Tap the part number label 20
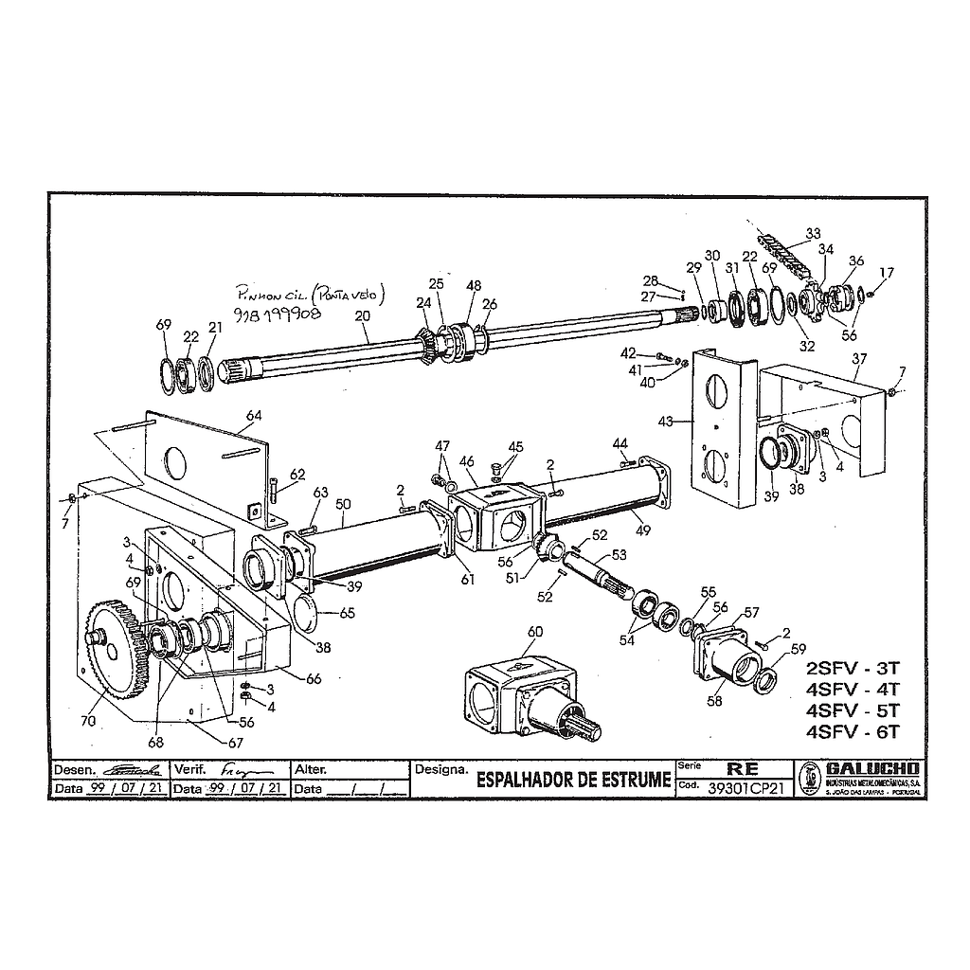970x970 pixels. coord(362,315)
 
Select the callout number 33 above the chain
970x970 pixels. coord(813,233)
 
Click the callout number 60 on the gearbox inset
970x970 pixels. coord(535,632)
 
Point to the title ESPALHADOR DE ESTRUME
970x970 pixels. coord(573,780)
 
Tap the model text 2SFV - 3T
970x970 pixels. coord(851,664)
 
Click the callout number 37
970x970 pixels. coord(858,359)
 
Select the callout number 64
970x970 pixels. coord(254,416)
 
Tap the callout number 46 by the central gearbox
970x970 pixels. coord(467,461)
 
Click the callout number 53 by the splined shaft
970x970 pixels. coord(620,555)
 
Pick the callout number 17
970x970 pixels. coord(887,274)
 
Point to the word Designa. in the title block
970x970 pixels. coord(441,769)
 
